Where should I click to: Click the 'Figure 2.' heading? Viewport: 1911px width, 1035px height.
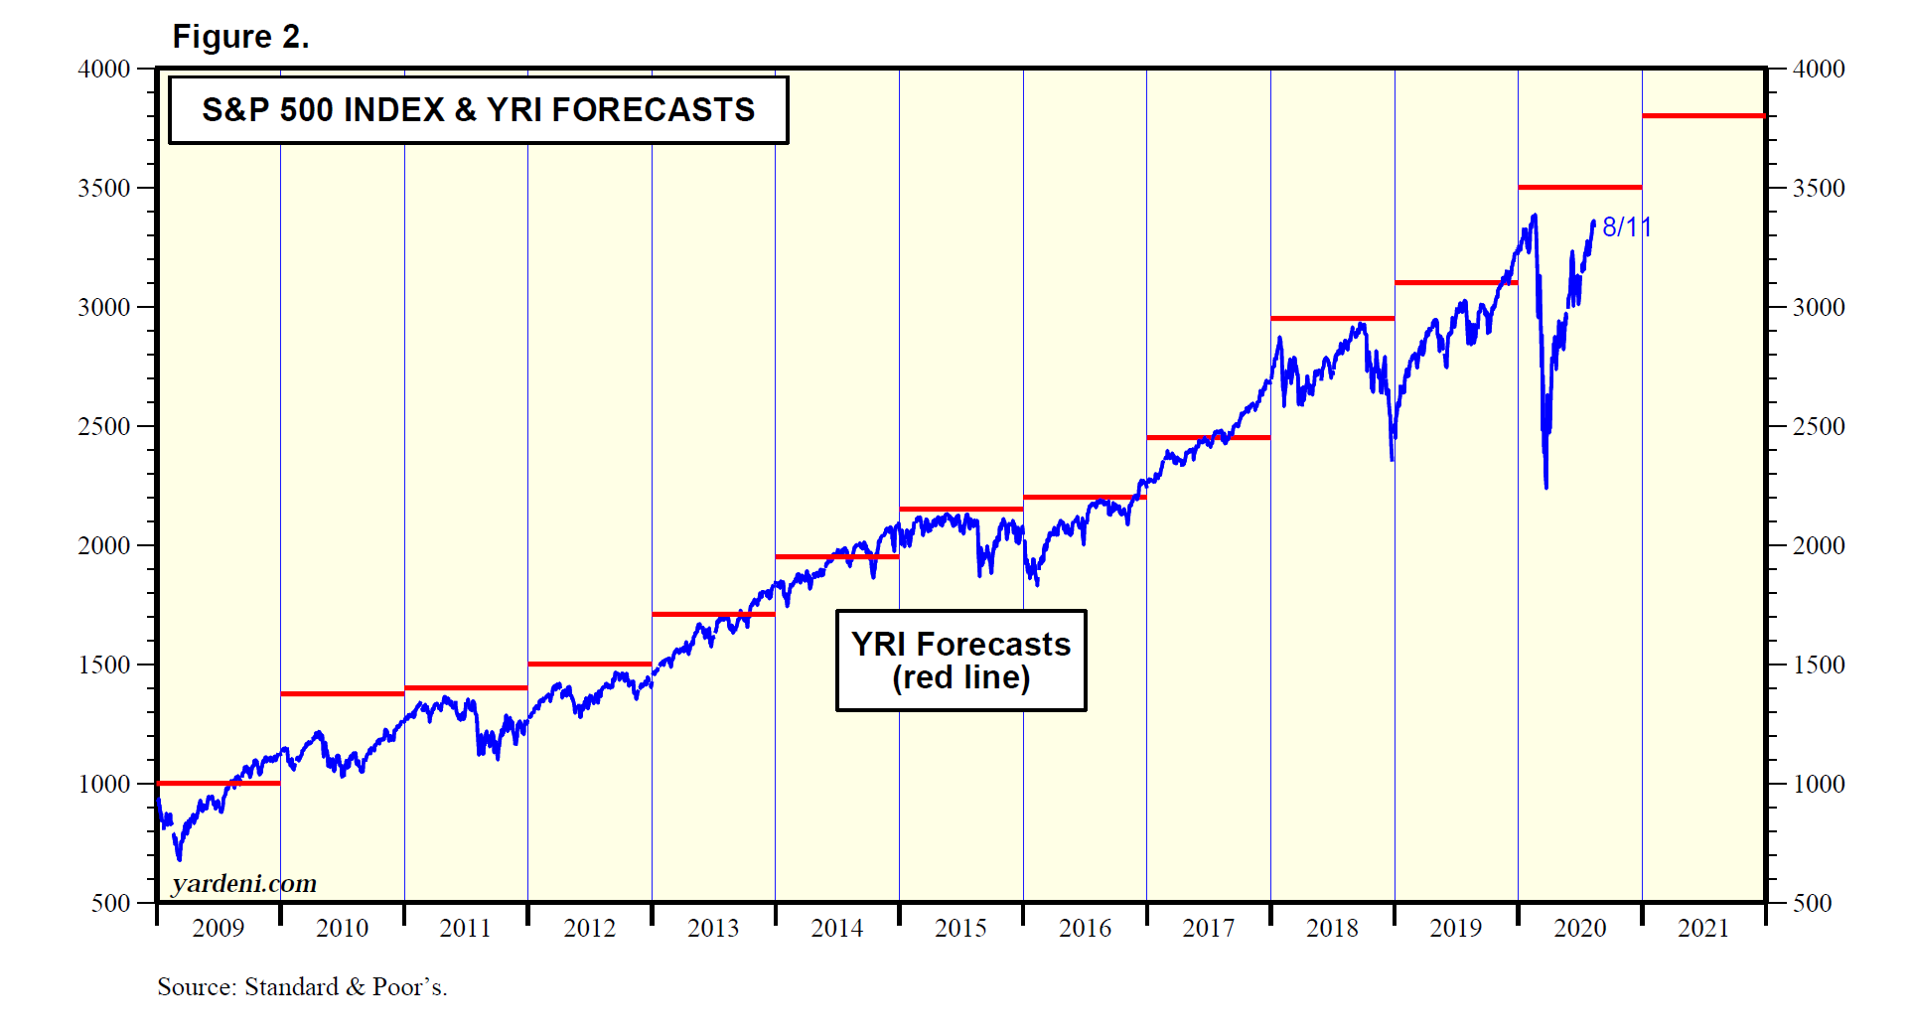[240, 37]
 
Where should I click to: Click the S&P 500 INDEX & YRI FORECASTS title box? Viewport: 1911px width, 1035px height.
[478, 109]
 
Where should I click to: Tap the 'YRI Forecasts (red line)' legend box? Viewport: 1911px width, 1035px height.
[960, 661]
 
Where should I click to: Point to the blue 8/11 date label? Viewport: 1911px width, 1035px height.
[1626, 227]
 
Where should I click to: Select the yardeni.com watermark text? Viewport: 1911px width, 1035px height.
[243, 883]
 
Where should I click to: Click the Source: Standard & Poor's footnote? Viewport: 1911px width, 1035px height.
[302, 986]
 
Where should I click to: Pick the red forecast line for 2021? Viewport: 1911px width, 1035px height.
[1703, 116]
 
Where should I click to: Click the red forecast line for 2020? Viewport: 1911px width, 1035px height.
[1579, 187]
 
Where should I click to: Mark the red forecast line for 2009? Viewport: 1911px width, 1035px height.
[219, 784]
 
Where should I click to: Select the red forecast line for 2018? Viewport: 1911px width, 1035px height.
[1332, 319]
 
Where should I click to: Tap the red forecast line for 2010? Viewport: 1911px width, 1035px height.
[342, 693]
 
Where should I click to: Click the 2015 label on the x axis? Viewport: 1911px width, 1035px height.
[960, 928]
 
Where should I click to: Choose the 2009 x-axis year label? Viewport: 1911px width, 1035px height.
[218, 928]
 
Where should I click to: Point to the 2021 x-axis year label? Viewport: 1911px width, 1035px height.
[1703, 928]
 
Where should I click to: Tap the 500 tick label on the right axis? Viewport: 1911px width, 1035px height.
[1812, 903]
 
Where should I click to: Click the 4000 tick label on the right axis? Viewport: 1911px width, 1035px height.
[1818, 69]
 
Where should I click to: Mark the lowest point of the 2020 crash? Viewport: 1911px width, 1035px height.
[1546, 488]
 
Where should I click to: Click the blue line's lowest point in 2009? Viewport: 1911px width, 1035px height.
[179, 860]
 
